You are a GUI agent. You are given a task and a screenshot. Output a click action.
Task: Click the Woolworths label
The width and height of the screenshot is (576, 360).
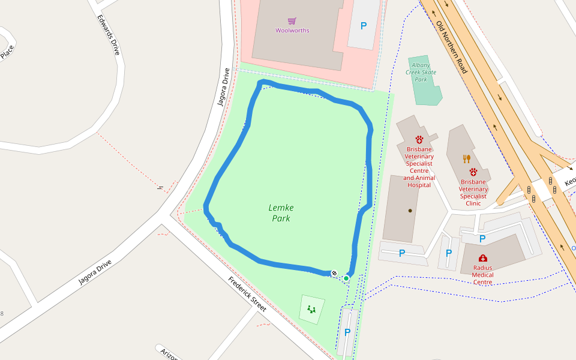click(292, 31)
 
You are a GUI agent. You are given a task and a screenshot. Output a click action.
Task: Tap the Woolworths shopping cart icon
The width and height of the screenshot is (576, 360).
click(292, 21)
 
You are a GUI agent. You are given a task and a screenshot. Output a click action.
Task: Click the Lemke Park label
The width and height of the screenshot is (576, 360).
click(281, 213)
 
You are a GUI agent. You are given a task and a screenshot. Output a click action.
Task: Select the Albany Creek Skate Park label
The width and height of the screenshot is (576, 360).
click(421, 72)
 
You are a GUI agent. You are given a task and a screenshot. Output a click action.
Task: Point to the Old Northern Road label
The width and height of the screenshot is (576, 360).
click(451, 47)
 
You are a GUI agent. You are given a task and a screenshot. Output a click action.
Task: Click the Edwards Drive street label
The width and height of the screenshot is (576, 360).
click(109, 35)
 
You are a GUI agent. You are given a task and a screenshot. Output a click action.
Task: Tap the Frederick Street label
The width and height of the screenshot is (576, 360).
click(247, 294)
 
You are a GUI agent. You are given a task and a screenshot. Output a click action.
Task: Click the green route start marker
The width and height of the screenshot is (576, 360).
click(346, 278)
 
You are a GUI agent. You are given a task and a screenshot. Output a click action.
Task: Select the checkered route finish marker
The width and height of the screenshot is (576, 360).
click(334, 273)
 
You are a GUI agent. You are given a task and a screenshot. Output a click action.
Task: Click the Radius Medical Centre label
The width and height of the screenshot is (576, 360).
click(482, 275)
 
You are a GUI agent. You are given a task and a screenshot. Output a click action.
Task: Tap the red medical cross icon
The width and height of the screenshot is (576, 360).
click(483, 258)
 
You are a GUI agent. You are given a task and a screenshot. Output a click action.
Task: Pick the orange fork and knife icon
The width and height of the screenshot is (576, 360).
click(466, 159)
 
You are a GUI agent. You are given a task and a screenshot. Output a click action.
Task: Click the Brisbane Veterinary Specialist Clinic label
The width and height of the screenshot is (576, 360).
click(473, 192)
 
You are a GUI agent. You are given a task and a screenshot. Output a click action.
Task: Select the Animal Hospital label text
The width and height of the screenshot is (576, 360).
click(419, 182)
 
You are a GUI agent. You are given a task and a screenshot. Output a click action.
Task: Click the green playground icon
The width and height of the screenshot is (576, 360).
click(311, 310)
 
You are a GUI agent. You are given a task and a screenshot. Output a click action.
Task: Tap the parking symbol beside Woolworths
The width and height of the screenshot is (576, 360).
click(363, 26)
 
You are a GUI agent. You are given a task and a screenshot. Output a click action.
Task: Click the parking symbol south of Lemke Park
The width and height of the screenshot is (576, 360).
click(347, 332)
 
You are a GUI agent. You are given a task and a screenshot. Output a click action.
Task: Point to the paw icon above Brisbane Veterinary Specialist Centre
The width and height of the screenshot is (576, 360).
click(419, 140)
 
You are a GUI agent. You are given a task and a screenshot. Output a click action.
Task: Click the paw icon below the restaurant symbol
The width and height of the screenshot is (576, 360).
click(473, 172)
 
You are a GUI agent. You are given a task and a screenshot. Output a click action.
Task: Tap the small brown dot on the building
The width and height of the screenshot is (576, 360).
click(410, 211)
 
